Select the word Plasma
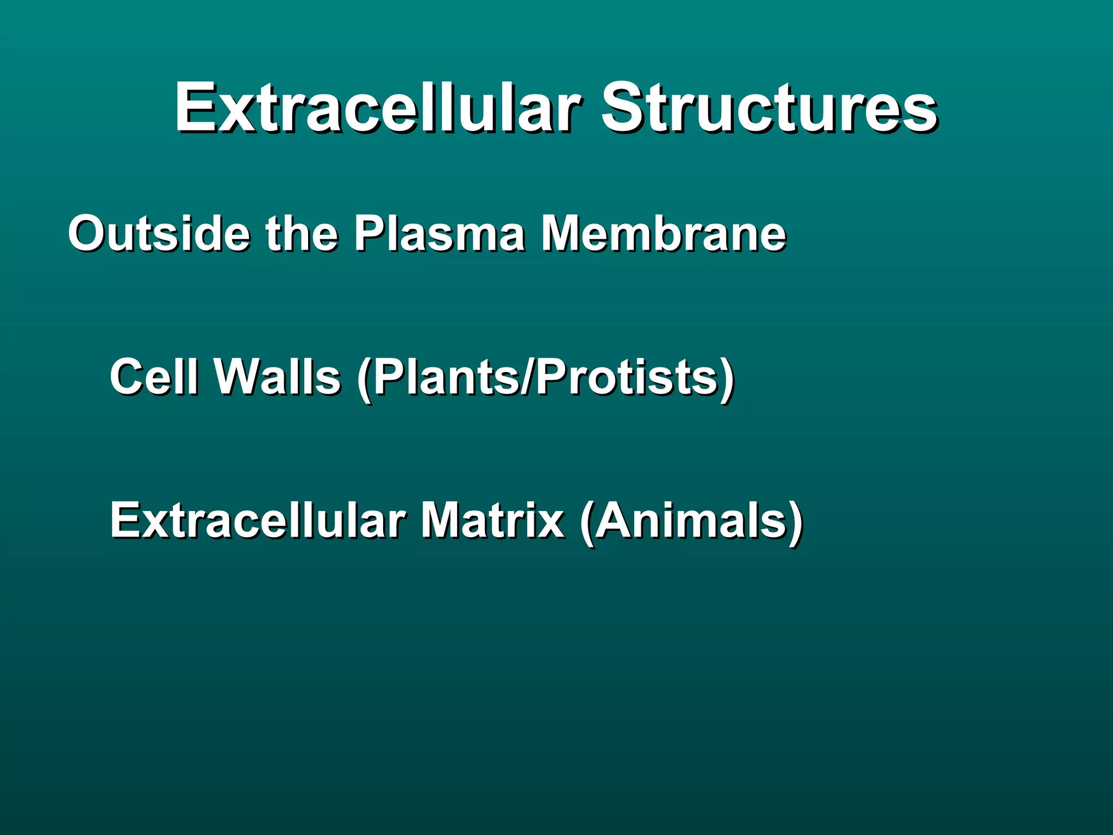(x=440, y=233)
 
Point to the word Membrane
(x=664, y=233)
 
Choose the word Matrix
(x=492, y=520)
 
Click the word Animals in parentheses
(x=690, y=520)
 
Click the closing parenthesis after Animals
(x=795, y=522)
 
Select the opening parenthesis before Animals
(x=587, y=522)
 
